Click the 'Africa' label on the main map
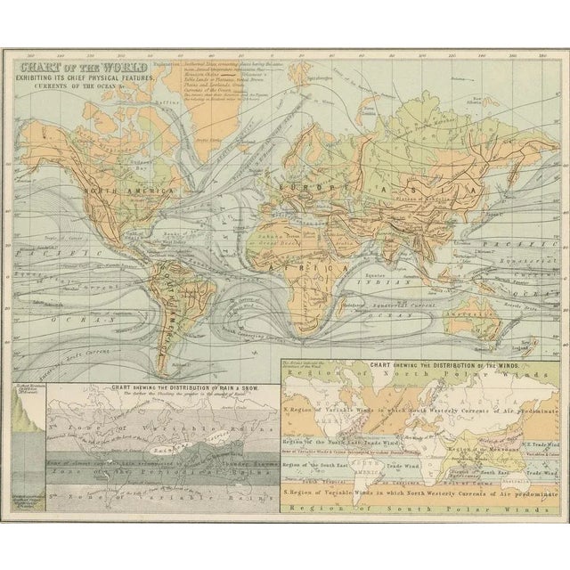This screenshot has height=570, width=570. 315,242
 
